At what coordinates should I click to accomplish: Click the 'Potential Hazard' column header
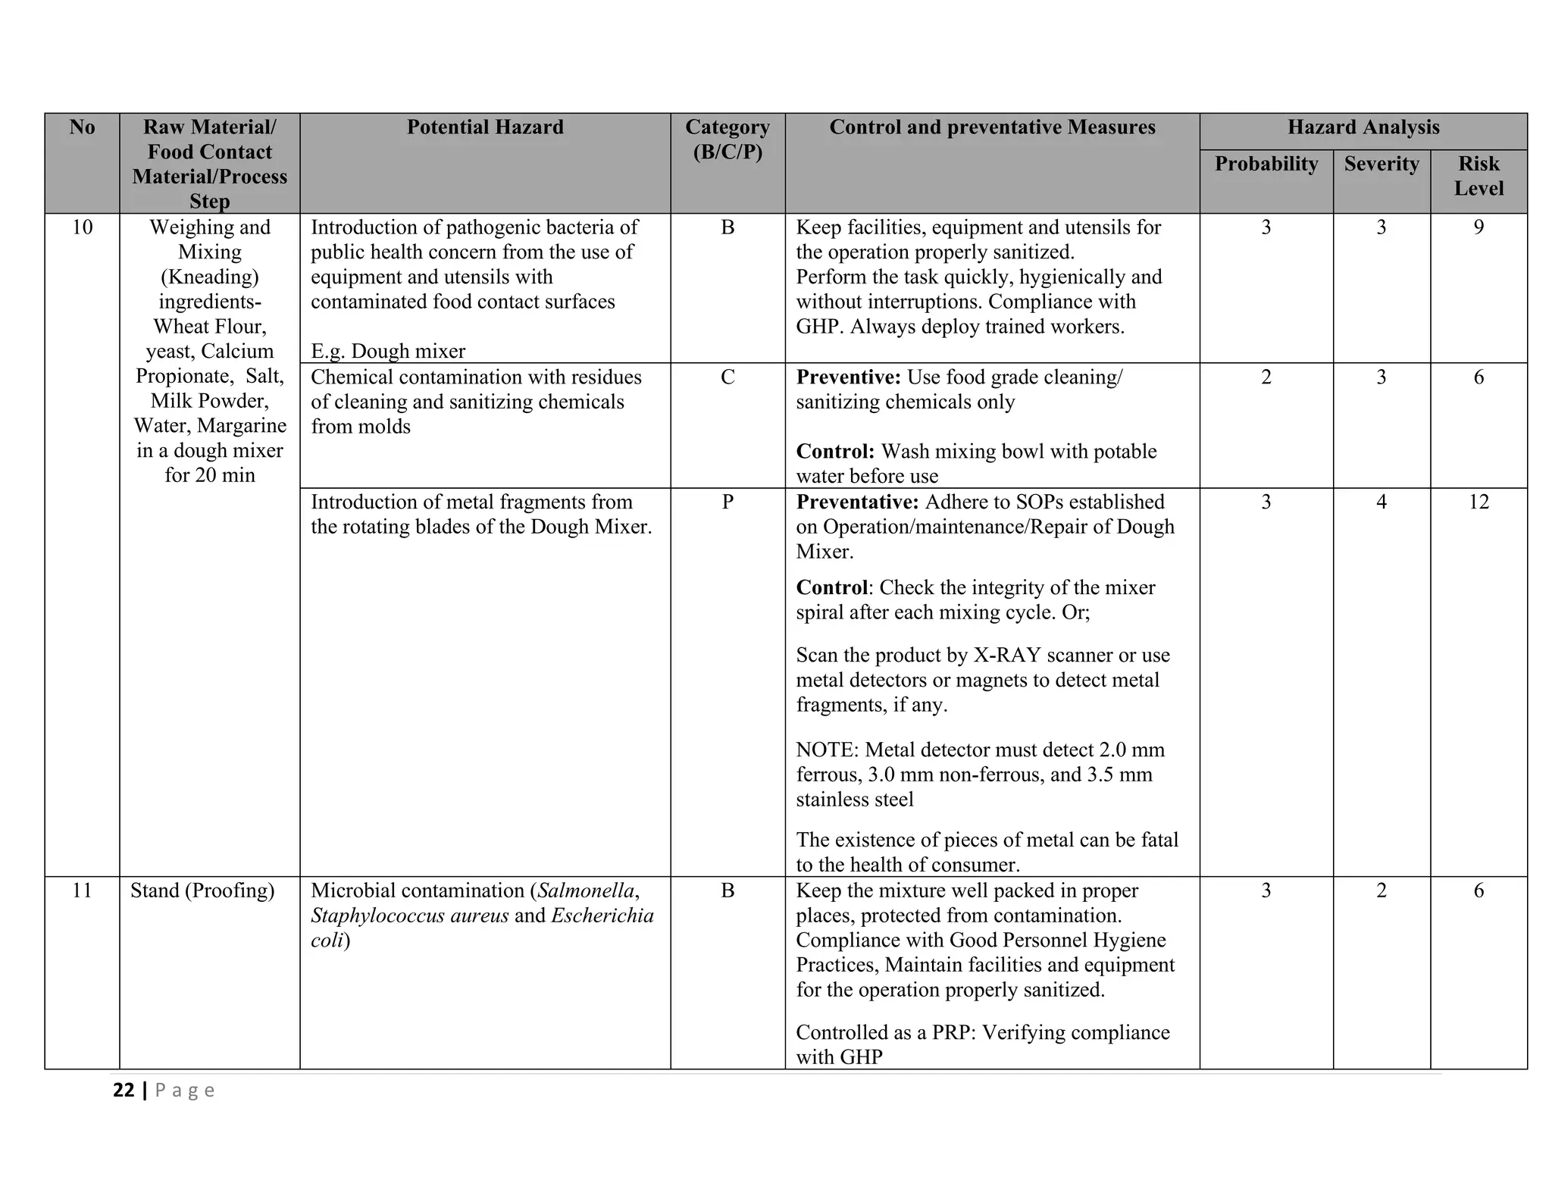point(485,127)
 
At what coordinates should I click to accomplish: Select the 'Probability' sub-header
point(1266,164)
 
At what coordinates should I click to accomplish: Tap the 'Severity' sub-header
point(1381,164)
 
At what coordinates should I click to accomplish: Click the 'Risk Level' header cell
point(1478,176)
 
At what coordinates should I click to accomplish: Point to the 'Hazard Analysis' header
point(1363,127)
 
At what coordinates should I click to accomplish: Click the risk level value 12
point(1478,502)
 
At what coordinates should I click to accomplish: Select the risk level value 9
point(1478,227)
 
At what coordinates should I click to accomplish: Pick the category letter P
point(727,502)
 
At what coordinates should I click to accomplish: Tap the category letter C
point(727,377)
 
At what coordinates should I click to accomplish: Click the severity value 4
point(1381,502)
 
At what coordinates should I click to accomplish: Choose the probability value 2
point(1266,377)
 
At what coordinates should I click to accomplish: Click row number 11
point(82,891)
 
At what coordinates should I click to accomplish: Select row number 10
point(82,227)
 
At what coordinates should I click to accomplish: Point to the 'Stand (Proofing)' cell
point(202,891)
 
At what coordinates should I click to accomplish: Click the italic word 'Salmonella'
point(586,891)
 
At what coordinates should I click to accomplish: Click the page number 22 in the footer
point(124,1091)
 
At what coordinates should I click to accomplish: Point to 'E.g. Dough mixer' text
point(388,351)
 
